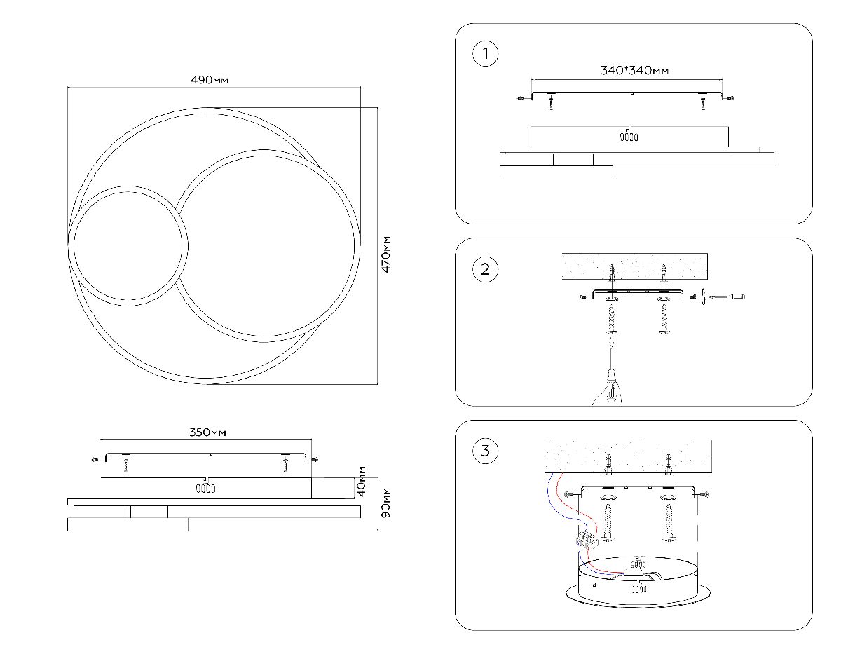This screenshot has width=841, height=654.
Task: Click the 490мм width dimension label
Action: tap(210, 80)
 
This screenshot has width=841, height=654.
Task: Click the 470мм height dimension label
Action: tap(385, 254)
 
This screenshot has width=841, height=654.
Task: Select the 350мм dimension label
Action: tap(208, 432)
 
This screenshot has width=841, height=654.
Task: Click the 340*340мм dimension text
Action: tap(634, 71)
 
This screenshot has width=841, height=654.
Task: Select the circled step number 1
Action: tap(486, 54)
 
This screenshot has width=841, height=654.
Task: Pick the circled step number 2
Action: tap(486, 269)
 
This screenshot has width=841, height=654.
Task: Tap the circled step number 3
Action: tap(486, 451)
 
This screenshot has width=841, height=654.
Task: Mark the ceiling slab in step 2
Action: tap(634, 266)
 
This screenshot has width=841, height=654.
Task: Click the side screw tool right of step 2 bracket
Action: tap(726, 298)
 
